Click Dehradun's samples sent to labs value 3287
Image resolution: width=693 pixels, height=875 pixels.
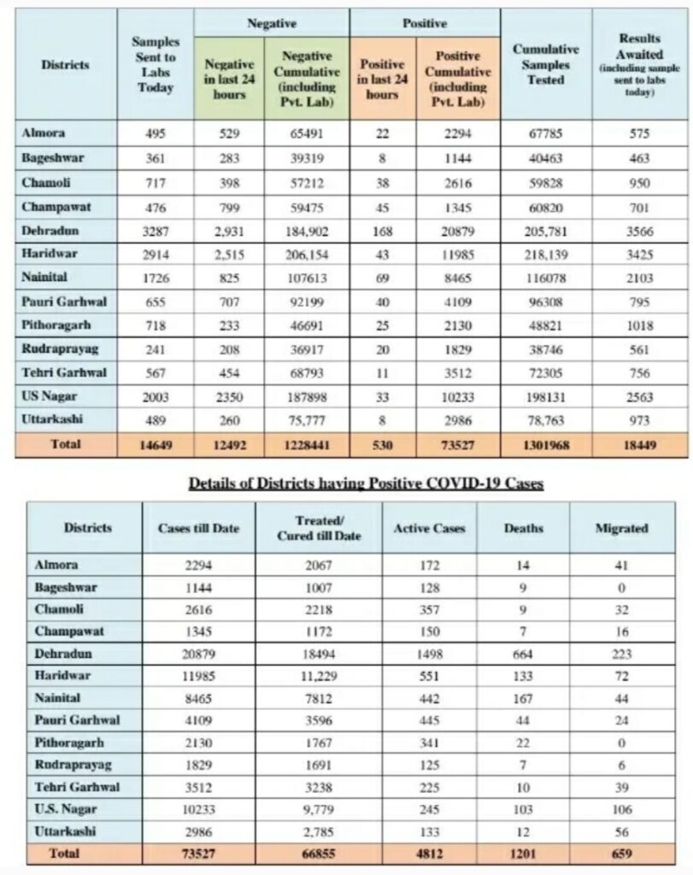156,232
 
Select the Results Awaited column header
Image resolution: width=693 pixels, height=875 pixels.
639,64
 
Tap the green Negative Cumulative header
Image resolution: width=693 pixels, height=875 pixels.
306,79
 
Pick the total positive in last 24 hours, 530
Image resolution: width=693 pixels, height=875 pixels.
382,445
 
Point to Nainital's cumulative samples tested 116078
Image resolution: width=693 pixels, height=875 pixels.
546,279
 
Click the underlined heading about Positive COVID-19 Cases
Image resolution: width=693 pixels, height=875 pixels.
366,484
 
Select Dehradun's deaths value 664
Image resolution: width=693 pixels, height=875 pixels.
523,654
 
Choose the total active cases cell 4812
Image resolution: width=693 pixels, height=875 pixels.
429,854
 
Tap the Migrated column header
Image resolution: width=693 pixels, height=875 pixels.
621,528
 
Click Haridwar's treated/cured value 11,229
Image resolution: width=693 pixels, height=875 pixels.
319,677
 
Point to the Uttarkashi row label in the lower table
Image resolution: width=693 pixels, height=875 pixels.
65,831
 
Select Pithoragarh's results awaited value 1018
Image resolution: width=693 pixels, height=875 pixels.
639,326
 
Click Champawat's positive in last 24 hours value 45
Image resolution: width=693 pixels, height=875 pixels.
382,208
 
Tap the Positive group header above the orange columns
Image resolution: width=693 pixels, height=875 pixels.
425,23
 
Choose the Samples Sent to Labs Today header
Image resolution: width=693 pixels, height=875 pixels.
156,65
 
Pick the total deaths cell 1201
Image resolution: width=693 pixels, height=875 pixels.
523,854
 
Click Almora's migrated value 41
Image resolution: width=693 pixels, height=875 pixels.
621,566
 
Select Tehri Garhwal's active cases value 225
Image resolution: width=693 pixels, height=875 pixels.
429,787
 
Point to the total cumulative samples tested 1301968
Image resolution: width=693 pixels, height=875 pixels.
546,445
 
